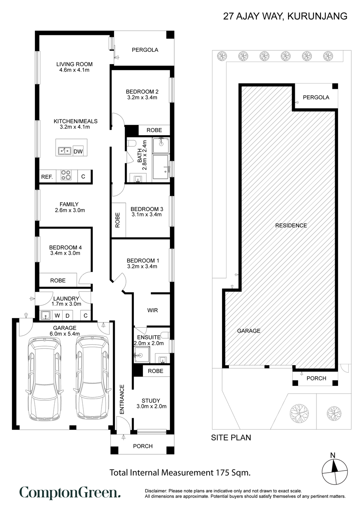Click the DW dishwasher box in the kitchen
click(78, 151)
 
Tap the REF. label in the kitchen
click(47, 177)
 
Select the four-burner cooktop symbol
click(66, 175)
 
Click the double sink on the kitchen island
click(64, 151)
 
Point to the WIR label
click(152, 310)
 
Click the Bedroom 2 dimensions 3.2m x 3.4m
click(142, 97)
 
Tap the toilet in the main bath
click(131, 144)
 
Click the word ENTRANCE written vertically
click(122, 399)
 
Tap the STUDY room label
click(151, 401)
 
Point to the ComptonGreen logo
click(70, 493)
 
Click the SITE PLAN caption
click(231, 437)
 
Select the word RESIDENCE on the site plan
click(291, 226)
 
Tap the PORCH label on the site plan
click(316, 378)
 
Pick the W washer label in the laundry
click(57, 315)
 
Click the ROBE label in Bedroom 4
click(58, 281)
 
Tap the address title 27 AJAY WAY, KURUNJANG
click(285, 16)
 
